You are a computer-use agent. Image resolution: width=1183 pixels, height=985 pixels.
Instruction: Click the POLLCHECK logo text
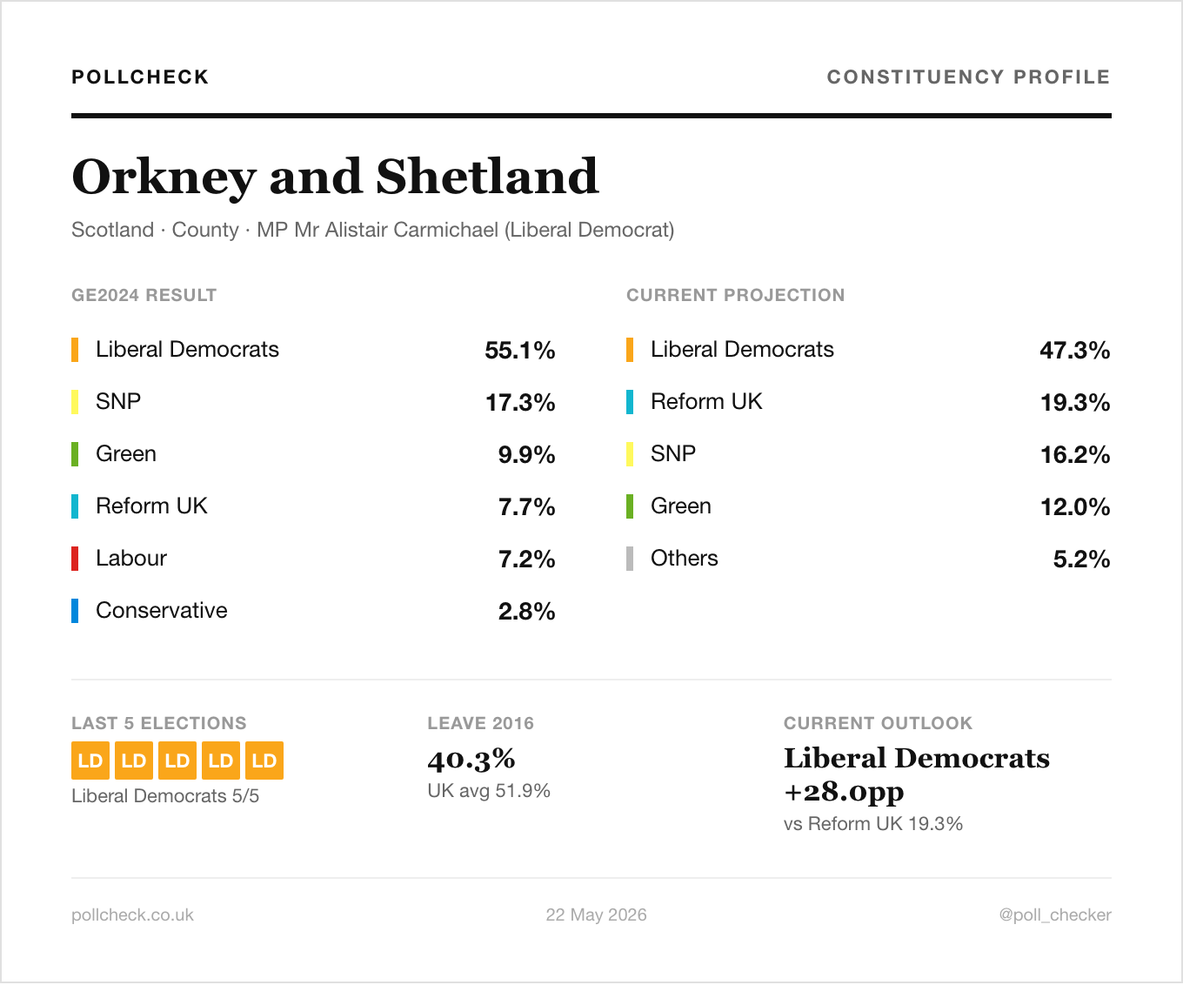pyautogui.click(x=140, y=77)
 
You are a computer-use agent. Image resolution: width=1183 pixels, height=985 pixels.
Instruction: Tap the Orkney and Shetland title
pyautogui.click(x=335, y=177)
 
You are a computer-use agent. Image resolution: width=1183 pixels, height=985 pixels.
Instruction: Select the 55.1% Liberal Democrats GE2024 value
pyautogui.click(x=519, y=351)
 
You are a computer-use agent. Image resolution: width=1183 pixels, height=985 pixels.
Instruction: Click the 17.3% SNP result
pyautogui.click(x=520, y=402)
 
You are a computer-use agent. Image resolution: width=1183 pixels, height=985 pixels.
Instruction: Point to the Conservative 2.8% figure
pyautogui.click(x=526, y=611)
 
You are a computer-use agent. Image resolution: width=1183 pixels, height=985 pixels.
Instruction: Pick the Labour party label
pyautogui.click(x=131, y=559)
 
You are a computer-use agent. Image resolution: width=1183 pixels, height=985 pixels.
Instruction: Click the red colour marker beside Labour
pyautogui.click(x=75, y=559)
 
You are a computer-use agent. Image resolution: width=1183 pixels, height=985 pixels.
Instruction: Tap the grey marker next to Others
pyautogui.click(x=630, y=559)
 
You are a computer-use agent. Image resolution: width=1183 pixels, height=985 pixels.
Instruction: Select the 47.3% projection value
pyautogui.click(x=1075, y=351)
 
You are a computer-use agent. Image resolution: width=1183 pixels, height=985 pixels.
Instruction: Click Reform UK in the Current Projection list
pyautogui.click(x=706, y=402)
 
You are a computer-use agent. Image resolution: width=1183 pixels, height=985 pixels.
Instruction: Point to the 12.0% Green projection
pyautogui.click(x=1075, y=506)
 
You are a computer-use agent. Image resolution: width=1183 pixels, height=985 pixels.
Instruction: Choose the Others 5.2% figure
pyautogui.click(x=1081, y=559)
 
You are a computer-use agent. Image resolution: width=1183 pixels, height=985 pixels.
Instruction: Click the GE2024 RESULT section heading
pyautogui.click(x=144, y=295)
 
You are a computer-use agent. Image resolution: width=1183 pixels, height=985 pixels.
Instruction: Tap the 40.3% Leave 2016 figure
pyautogui.click(x=471, y=760)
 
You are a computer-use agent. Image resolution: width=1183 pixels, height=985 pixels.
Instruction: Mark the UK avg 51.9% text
pyautogui.click(x=489, y=791)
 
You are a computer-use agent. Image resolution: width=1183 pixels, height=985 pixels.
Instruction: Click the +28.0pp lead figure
pyautogui.click(x=844, y=792)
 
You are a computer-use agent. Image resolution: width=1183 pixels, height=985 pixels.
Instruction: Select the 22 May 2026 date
pyautogui.click(x=596, y=915)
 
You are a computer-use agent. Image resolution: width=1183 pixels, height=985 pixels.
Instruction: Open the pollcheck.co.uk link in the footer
pyautogui.click(x=132, y=915)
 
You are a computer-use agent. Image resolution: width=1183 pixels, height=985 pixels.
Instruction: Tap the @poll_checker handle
pyautogui.click(x=1055, y=915)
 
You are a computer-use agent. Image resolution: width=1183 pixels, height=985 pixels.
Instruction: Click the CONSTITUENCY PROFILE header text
pyautogui.click(x=968, y=77)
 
